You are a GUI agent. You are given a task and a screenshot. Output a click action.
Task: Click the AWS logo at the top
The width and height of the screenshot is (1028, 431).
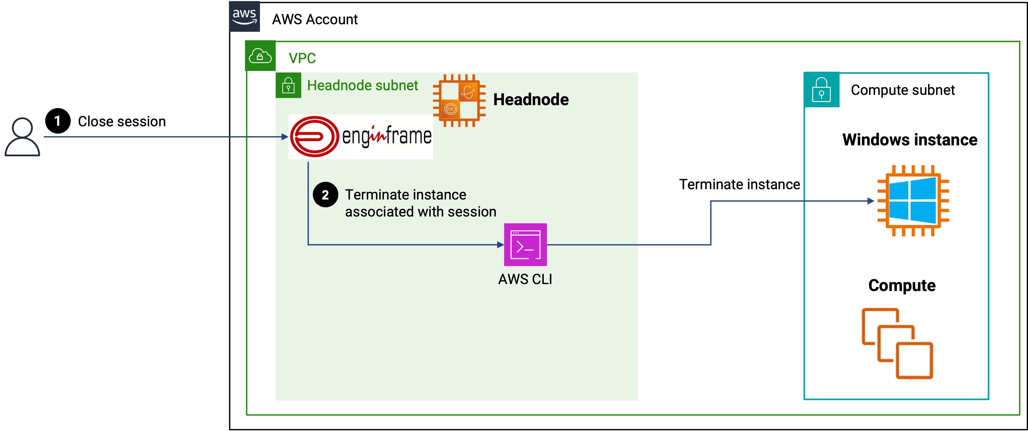[x=244, y=16]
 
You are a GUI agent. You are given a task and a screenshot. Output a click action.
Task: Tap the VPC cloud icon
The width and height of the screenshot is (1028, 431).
[x=260, y=56]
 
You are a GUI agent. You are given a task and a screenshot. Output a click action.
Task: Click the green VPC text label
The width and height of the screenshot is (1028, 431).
[x=302, y=58]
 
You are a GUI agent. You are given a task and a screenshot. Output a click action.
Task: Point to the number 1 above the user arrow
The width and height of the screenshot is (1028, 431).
[x=57, y=121]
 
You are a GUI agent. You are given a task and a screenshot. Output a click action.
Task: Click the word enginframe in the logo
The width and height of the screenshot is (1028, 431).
[x=386, y=136]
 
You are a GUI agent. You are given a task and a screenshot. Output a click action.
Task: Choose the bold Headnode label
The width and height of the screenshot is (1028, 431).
[x=531, y=99]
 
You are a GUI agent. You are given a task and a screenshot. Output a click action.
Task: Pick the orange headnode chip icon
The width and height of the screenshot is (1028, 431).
[x=459, y=101]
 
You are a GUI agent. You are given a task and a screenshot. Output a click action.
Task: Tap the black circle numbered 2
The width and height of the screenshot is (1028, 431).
[x=325, y=195]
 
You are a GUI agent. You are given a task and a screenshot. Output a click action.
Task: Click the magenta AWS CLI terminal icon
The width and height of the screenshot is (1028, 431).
[x=525, y=245]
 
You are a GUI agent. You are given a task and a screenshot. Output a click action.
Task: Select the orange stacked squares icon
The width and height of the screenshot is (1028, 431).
[x=897, y=343]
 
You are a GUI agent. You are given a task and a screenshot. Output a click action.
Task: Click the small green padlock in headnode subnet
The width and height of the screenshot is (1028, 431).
[x=288, y=85]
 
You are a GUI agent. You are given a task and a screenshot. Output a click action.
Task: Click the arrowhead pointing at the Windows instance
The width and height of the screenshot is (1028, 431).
[x=871, y=201]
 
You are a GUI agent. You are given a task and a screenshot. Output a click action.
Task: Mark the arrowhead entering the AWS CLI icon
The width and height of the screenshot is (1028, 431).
[x=500, y=245]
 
